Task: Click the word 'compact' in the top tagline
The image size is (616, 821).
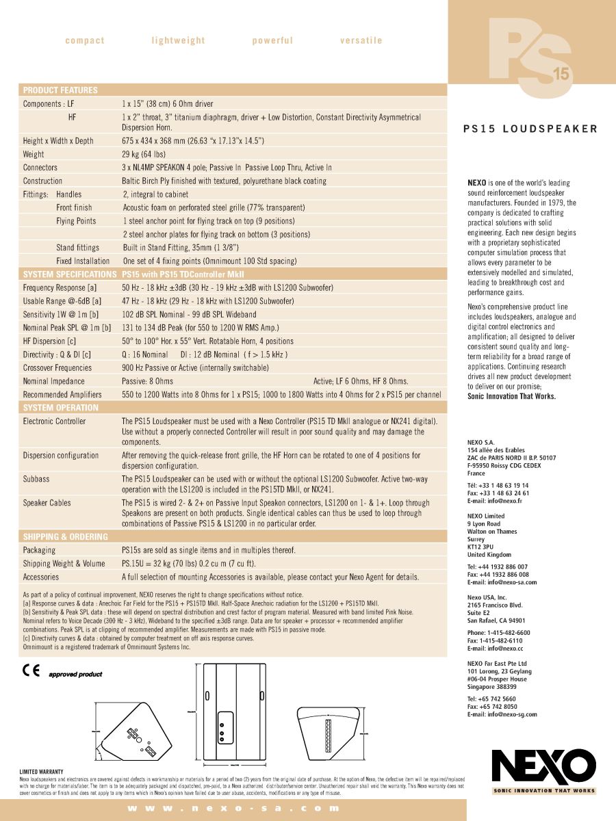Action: click(x=85, y=40)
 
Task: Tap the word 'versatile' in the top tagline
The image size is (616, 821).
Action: click(x=361, y=40)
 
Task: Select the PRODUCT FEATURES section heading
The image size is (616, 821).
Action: click(x=60, y=90)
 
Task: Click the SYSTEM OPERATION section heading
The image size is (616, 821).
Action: click(x=61, y=407)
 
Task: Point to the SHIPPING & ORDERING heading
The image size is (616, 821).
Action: click(x=66, y=536)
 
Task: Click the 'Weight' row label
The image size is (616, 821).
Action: click(x=34, y=154)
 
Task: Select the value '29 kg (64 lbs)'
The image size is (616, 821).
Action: click(x=144, y=154)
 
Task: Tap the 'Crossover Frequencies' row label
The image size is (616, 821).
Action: click(x=57, y=367)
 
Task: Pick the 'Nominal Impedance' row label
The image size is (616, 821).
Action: click(x=54, y=381)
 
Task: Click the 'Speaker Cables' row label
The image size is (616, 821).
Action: click(x=47, y=503)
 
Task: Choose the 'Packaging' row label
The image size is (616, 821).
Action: click(x=39, y=550)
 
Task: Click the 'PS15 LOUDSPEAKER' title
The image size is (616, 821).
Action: click(x=530, y=129)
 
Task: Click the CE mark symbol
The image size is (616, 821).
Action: click(x=31, y=670)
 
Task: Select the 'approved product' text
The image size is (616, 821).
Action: click(x=75, y=674)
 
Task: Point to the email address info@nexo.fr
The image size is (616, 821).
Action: click(x=504, y=501)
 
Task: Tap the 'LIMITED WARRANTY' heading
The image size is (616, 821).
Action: click(x=41, y=771)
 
